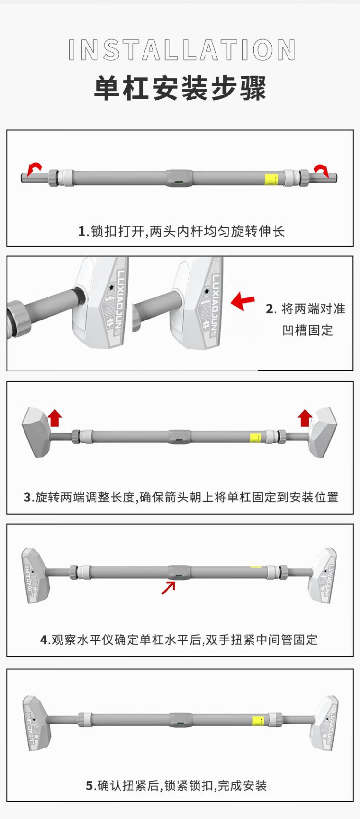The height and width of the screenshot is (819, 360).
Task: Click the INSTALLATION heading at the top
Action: pyautogui.click(x=182, y=50)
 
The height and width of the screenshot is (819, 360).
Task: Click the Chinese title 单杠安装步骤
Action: pyautogui.click(x=180, y=89)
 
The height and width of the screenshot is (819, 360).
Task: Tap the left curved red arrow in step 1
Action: pyautogui.click(x=34, y=168)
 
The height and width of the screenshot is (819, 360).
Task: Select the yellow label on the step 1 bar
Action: pyautogui.click(x=272, y=179)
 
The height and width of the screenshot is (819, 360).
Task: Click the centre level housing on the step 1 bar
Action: pyautogui.click(x=179, y=178)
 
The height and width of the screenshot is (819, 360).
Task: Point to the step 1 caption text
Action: pyautogui.click(x=181, y=231)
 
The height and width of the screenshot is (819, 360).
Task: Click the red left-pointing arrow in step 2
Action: pyautogui.click(x=242, y=301)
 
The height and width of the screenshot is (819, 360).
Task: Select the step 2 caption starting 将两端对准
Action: pyautogui.click(x=306, y=319)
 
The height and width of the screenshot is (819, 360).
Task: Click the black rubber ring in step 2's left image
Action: pyautogui.click(x=80, y=296)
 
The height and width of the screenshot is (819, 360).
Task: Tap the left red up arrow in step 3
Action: pyautogui.click(x=55, y=417)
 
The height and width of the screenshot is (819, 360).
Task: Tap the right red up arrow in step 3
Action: pyautogui.click(x=305, y=417)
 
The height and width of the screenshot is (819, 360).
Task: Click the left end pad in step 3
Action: pyautogui.click(x=36, y=433)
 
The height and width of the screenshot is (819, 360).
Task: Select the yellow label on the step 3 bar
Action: pyautogui.click(x=255, y=438)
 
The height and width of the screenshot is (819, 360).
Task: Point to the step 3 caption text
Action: pyautogui.click(x=181, y=498)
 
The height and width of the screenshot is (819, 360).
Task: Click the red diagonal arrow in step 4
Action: pyautogui.click(x=168, y=587)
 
